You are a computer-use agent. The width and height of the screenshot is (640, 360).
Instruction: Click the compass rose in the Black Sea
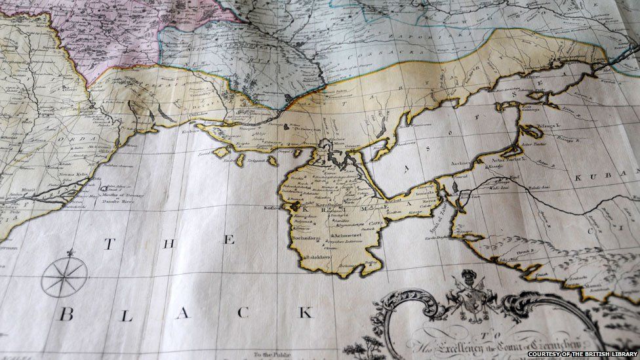[x=64, y=275]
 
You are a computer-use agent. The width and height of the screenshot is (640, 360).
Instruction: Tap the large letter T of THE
[x=110, y=243]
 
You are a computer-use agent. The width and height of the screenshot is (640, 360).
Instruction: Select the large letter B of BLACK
[x=66, y=314]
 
